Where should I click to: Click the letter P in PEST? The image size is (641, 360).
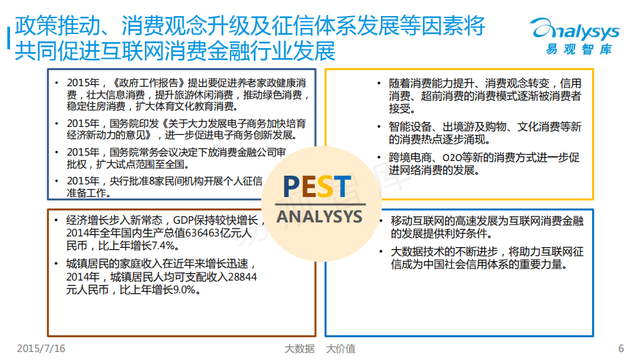pos(292,188)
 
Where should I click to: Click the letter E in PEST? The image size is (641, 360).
pos(308,188)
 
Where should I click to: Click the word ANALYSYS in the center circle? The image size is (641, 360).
pos(319,217)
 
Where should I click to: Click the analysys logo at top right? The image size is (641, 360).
pos(574,31)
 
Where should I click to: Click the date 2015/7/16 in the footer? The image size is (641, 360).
pos(41,349)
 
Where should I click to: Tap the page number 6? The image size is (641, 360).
pos(621,349)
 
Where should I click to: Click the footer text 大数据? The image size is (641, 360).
pos(299,349)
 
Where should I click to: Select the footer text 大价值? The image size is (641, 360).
pos(341,349)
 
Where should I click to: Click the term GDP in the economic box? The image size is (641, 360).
pos(185,220)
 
